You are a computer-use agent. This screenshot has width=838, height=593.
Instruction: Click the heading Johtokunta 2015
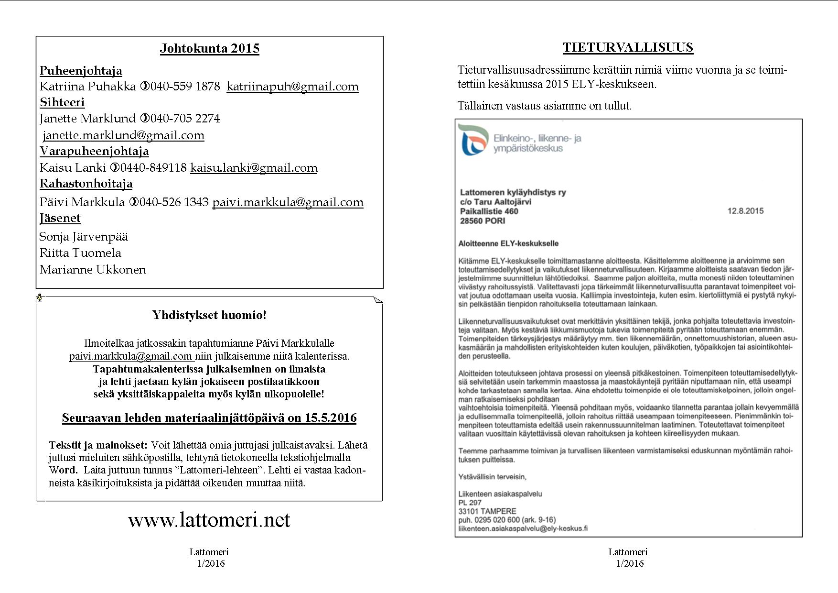click(x=209, y=48)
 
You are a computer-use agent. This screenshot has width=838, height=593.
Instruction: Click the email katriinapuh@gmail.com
click(x=292, y=87)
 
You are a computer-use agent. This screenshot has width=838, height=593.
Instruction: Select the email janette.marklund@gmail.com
click(x=123, y=135)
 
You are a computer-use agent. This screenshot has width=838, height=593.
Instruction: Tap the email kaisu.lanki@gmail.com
click(x=254, y=168)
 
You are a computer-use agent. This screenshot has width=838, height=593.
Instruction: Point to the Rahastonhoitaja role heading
click(x=86, y=184)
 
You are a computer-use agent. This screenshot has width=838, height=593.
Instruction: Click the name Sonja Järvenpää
click(x=84, y=237)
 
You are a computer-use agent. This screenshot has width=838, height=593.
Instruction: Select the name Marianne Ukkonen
click(x=93, y=270)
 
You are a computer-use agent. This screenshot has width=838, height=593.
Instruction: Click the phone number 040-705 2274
click(x=185, y=118)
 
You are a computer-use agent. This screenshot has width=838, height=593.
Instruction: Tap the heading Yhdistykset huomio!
click(x=209, y=315)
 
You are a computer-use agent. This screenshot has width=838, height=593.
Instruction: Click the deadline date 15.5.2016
click(x=331, y=418)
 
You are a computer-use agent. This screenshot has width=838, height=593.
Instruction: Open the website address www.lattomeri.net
click(x=209, y=520)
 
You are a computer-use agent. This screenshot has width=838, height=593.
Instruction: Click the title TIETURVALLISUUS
click(x=628, y=47)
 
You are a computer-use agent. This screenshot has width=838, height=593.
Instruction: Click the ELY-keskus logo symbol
click(x=473, y=140)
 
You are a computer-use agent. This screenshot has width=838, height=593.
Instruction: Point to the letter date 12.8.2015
click(x=745, y=211)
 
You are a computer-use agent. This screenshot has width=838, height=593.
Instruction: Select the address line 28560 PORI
click(x=483, y=221)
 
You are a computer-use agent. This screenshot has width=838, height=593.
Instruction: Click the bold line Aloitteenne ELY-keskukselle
click(x=508, y=243)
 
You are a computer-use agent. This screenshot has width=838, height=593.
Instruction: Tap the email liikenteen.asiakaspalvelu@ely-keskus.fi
click(x=523, y=528)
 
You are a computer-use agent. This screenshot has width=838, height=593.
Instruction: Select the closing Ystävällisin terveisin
click(x=492, y=477)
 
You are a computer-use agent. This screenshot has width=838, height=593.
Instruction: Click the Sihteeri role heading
click(x=62, y=102)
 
